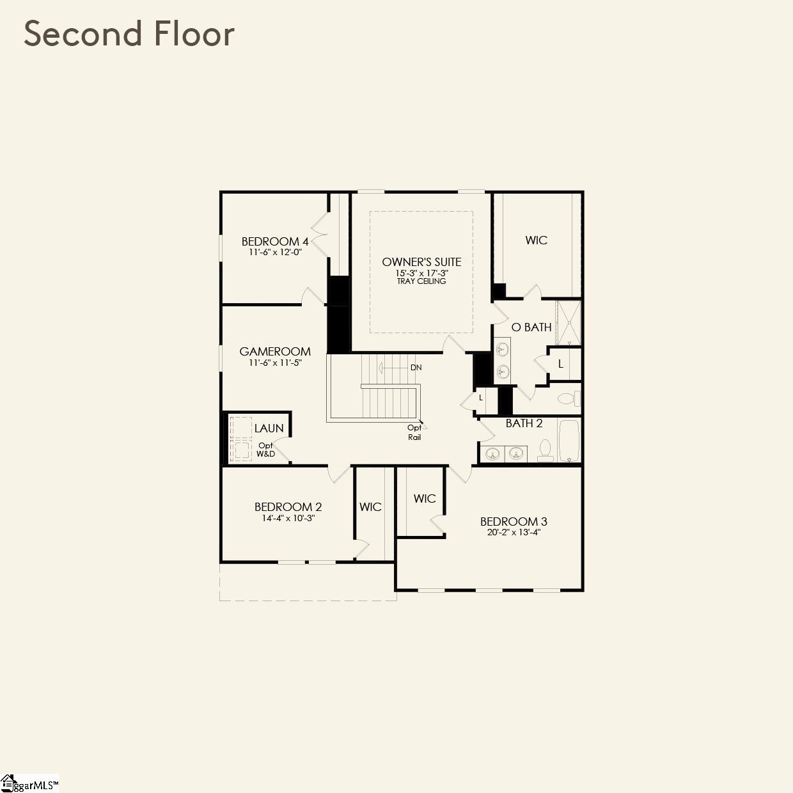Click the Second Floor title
tap(129, 34)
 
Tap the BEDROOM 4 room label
tap(275, 241)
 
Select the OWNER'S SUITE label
tap(421, 262)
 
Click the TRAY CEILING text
tap(421, 281)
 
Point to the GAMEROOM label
tap(275, 351)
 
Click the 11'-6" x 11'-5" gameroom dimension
tap(275, 363)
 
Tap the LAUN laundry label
tap(269, 428)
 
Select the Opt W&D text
tap(265, 450)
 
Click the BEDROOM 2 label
tap(288, 506)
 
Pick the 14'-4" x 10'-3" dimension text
tap(288, 518)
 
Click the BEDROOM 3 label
tap(514, 521)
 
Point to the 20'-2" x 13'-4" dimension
tap(514, 532)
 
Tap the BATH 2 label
tap(524, 423)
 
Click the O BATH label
tap(531, 327)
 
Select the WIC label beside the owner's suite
tap(536, 240)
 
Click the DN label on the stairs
tap(416, 368)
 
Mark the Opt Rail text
tap(414, 432)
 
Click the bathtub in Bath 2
tap(569, 440)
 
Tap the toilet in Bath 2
tap(546, 450)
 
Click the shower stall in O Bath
tap(568, 323)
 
